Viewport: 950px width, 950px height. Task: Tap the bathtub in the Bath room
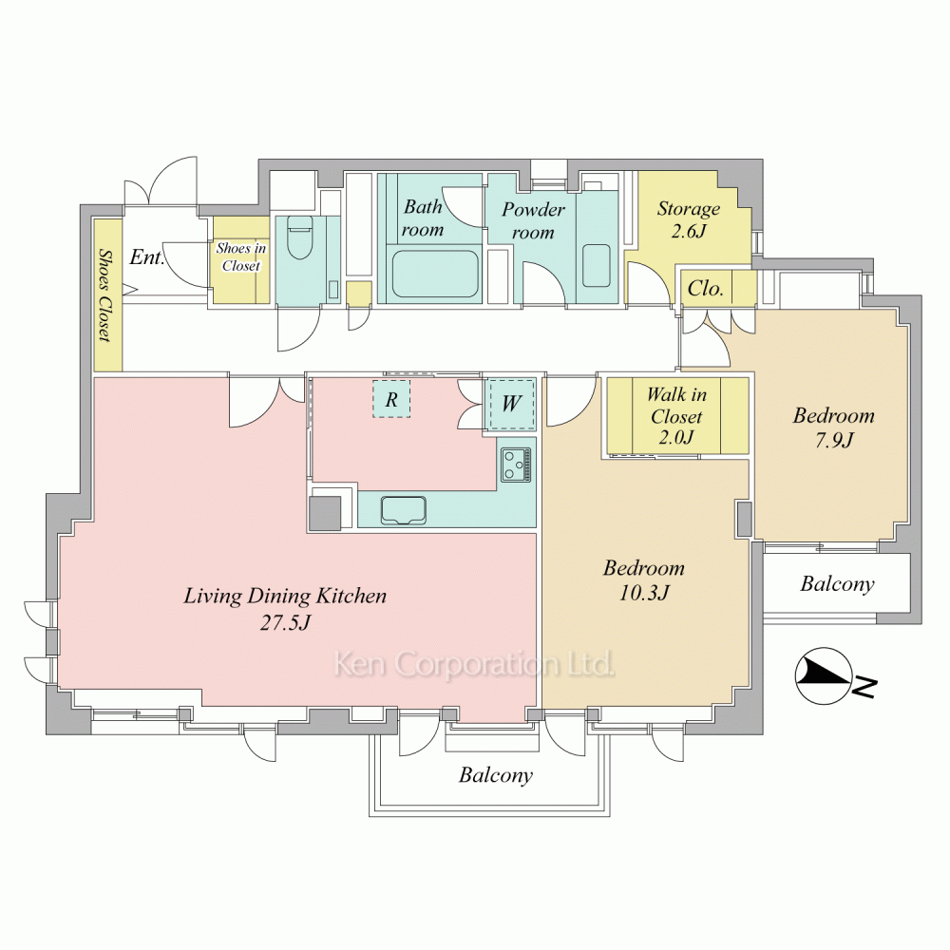(x=434, y=274)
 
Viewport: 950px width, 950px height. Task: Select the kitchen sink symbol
(x=403, y=510)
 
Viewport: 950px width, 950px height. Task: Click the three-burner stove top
(x=516, y=465)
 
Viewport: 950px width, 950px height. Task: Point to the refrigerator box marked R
(x=391, y=399)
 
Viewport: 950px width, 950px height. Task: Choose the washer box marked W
(x=511, y=403)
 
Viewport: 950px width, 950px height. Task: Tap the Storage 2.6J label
(x=689, y=219)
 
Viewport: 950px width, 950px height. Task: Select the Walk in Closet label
(x=676, y=416)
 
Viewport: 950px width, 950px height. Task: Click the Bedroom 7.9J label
(x=834, y=427)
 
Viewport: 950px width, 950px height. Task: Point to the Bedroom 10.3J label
(x=643, y=579)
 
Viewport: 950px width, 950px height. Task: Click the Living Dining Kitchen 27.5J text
(x=285, y=608)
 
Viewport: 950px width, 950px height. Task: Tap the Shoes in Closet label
(x=241, y=256)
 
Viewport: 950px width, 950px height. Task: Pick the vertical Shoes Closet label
(x=105, y=295)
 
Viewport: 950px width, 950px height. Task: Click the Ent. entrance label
(x=146, y=256)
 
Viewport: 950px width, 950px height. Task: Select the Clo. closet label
(x=706, y=288)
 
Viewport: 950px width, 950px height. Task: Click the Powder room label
(x=533, y=220)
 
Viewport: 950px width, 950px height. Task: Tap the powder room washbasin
(x=597, y=265)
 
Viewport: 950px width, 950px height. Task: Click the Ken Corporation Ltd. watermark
(x=474, y=665)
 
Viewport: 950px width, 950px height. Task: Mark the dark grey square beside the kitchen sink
(x=325, y=513)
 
